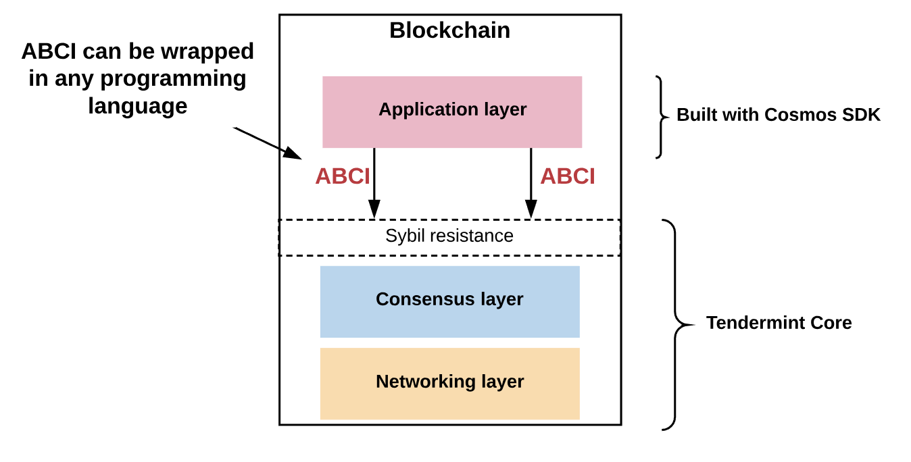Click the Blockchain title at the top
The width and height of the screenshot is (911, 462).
(x=449, y=30)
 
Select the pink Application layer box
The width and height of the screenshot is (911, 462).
(x=451, y=112)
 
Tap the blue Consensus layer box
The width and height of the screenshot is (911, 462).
(x=449, y=301)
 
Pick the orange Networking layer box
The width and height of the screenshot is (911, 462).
(x=449, y=383)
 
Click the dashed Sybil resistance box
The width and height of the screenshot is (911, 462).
(x=449, y=236)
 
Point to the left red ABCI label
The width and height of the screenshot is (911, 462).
(x=342, y=176)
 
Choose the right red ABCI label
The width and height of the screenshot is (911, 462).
(x=568, y=176)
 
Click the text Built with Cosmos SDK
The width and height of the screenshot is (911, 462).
(x=779, y=115)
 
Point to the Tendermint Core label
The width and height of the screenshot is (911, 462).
(x=779, y=323)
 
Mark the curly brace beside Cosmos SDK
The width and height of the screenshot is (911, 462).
(x=661, y=116)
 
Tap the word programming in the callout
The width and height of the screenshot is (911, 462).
(x=173, y=79)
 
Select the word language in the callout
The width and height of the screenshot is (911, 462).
(x=137, y=106)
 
